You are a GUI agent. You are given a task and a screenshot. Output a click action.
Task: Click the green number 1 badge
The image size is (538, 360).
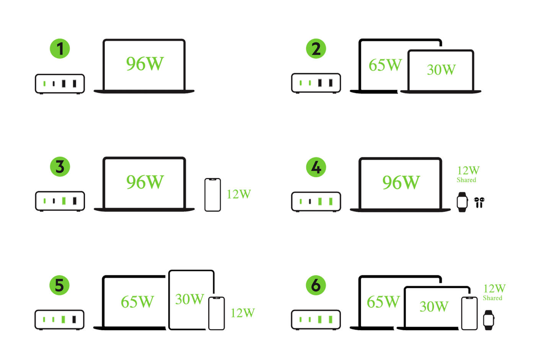coord(60,49)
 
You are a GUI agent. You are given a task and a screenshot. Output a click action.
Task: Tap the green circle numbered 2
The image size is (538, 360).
coord(316,49)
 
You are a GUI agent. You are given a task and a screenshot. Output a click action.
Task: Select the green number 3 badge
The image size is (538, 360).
coord(60,167)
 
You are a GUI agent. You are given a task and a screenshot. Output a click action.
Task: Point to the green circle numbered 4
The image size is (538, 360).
coord(316,167)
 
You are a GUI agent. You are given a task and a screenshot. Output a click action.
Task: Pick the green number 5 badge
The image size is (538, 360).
coord(59,285)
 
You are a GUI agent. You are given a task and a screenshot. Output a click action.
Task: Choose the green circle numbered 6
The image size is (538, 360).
coord(316,285)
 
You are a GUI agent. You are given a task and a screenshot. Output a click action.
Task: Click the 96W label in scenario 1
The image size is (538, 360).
coord(145,64)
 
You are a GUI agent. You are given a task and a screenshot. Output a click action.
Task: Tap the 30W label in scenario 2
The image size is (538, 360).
coord(441,70)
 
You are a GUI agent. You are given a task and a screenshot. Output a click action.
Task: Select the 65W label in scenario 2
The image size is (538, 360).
coord(385,65)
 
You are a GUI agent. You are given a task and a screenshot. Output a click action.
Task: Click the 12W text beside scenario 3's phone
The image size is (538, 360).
coord(238,194)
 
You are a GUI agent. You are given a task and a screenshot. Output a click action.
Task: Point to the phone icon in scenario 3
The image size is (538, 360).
coord(212,195)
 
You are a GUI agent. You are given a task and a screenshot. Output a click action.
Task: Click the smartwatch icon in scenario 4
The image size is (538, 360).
coord(462,202)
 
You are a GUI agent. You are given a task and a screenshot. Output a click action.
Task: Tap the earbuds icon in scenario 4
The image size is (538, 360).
coord(479,202)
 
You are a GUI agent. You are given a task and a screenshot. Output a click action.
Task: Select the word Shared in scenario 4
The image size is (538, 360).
coord(466,180)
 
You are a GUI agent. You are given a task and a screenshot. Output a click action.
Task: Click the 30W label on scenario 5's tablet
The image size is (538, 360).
coord(189,299)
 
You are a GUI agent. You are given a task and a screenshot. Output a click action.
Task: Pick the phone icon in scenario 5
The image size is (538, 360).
coord(216,313)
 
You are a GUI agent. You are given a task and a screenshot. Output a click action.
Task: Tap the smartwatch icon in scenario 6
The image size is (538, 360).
coord(489,320)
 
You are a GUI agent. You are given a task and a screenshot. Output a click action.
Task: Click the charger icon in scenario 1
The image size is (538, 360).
coord(60,83)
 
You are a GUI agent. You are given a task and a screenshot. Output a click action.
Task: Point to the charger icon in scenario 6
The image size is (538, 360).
coord(316,319)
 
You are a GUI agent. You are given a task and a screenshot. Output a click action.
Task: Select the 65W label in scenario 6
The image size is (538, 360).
coord(383,302)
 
